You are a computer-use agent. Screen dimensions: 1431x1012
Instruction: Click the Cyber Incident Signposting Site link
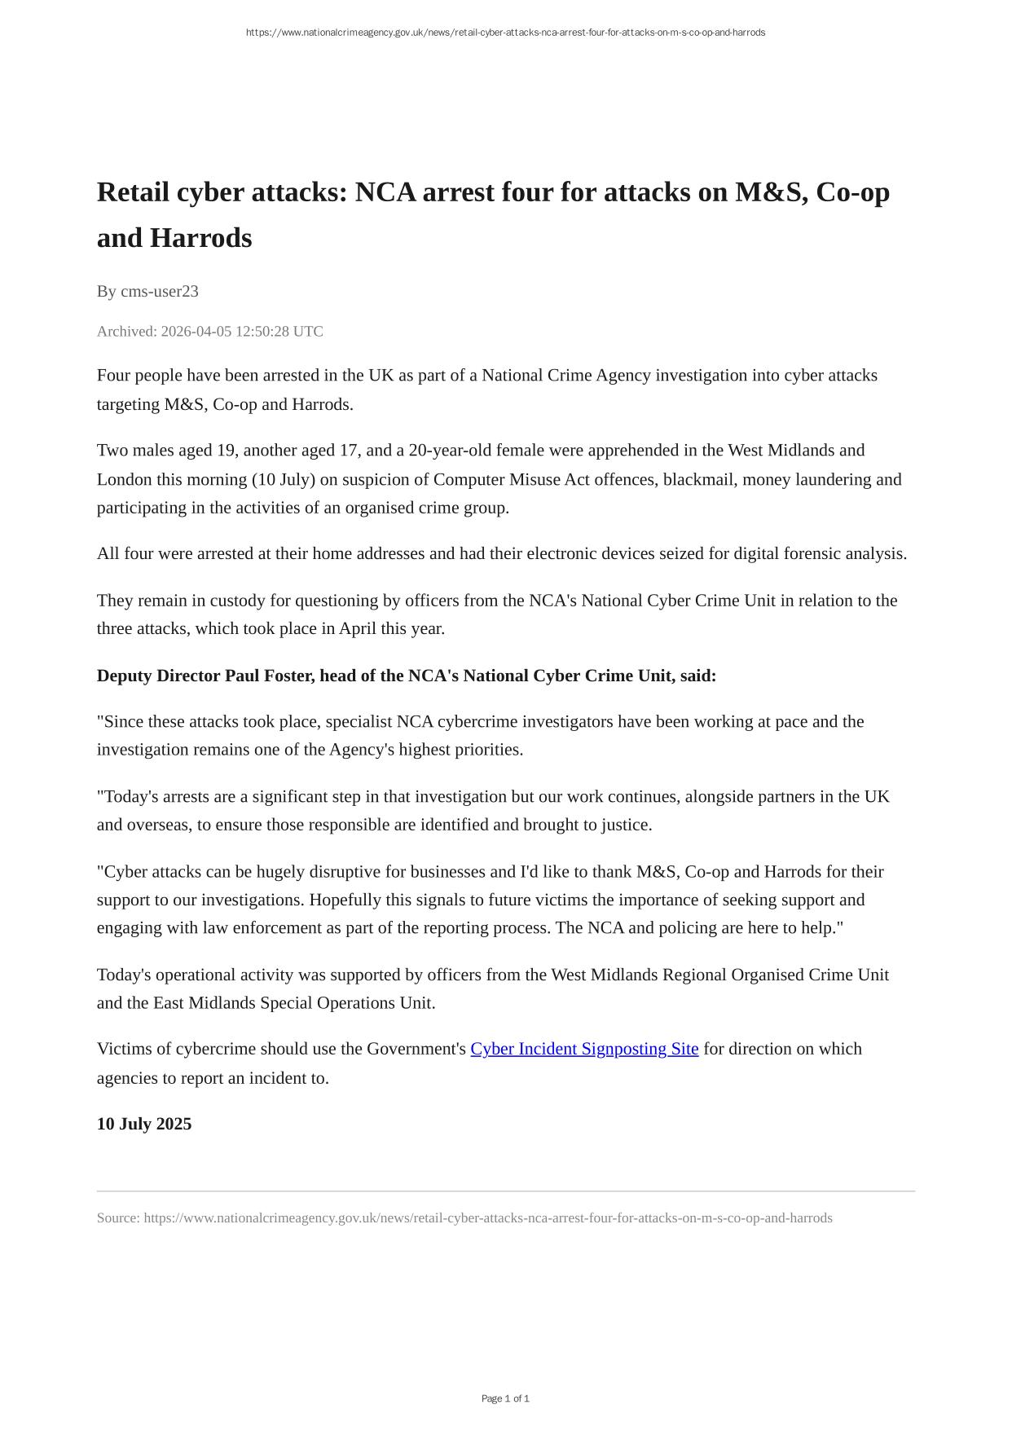(584, 1049)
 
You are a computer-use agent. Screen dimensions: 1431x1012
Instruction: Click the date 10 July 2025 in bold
(144, 1124)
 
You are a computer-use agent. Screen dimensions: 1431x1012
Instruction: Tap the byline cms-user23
(160, 291)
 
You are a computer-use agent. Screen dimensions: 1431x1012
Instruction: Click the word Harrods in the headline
(214, 238)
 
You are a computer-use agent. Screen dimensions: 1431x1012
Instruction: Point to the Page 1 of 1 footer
(505, 1398)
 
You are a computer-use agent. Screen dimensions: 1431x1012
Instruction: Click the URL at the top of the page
(505, 33)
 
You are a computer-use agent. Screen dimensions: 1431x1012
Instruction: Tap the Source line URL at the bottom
(488, 1217)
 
